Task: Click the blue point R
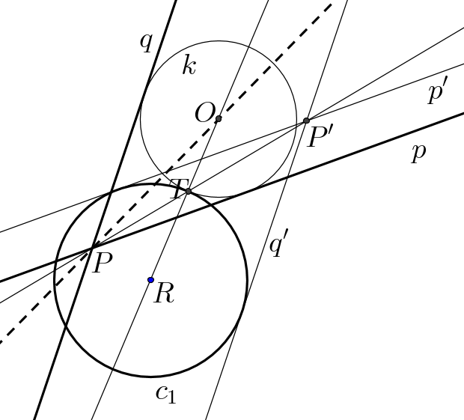coord(150,280)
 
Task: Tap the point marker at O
coord(219,119)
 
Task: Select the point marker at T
coord(188,192)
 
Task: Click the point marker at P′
coord(306,121)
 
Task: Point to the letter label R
coord(164,293)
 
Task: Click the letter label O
coord(204,113)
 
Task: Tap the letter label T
coord(178,189)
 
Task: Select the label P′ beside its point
coord(321,137)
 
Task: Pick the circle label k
coord(189,64)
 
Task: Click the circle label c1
coord(166,395)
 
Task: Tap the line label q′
coord(278,243)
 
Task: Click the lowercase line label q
coord(147,43)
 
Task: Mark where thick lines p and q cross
coord(93,248)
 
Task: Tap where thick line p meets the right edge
coord(463,113)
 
